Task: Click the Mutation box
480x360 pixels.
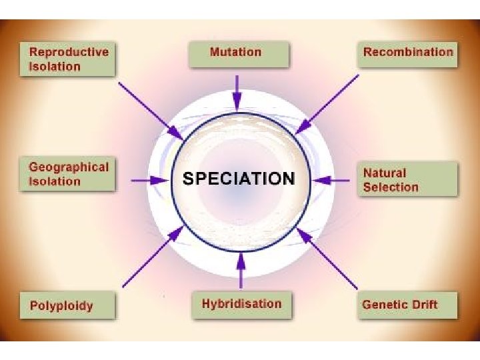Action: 235,53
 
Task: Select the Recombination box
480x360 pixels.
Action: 408,53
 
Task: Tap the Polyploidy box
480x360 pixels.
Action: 67,306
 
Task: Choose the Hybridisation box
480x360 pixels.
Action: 241,304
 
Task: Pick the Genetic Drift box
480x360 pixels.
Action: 408,305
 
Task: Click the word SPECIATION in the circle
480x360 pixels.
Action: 238,179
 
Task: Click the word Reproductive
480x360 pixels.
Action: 68,52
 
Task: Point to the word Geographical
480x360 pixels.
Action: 68,167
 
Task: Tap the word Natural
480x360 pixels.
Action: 384,173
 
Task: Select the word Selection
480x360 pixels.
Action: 391,187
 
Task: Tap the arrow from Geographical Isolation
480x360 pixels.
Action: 150,179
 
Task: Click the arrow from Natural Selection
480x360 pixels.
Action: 331,179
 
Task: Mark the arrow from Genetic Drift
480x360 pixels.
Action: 328,258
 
